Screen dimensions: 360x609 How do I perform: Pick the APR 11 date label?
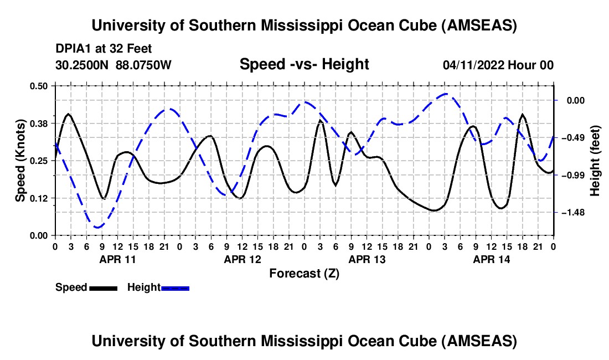117,259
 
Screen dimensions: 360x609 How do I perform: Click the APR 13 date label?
367,259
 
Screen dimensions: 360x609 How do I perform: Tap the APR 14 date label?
491,259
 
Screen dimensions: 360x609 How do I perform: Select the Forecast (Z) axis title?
304,273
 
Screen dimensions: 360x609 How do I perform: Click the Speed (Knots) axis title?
20,160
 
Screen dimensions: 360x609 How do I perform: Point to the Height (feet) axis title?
596,161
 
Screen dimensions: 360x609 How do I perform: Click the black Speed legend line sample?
103,287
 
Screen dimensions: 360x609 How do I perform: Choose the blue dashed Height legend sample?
176,287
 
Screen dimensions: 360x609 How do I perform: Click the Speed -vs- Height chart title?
304,65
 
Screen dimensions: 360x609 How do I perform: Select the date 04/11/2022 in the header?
473,65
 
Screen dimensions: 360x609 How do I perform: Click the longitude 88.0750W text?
144,65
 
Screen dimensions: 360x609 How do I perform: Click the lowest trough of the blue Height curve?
97,227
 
